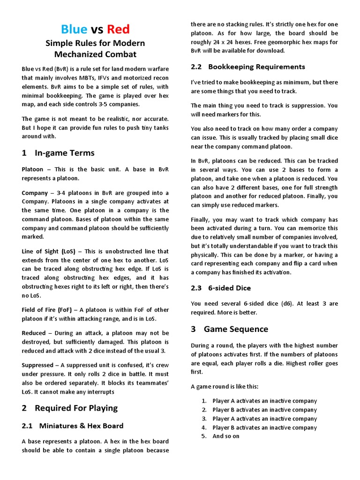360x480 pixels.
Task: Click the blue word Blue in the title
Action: [74, 29]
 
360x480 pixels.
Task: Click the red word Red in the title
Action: [118, 29]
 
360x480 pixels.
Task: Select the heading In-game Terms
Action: [65, 153]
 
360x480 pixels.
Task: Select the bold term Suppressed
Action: [37, 365]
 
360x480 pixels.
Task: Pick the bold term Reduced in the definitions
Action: [34, 333]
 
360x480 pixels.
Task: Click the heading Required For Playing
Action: [76, 408]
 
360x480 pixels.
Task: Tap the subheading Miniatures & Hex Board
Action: [81, 426]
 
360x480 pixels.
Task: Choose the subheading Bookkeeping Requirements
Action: [256, 67]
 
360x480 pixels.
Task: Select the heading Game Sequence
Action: [236, 329]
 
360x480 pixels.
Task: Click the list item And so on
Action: [226, 436]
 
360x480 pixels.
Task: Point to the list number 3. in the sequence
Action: [204, 419]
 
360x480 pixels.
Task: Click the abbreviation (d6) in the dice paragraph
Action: [292, 304]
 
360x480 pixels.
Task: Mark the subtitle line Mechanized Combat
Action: [95, 54]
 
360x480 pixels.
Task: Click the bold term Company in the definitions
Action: [35, 193]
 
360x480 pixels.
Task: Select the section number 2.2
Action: [196, 67]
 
